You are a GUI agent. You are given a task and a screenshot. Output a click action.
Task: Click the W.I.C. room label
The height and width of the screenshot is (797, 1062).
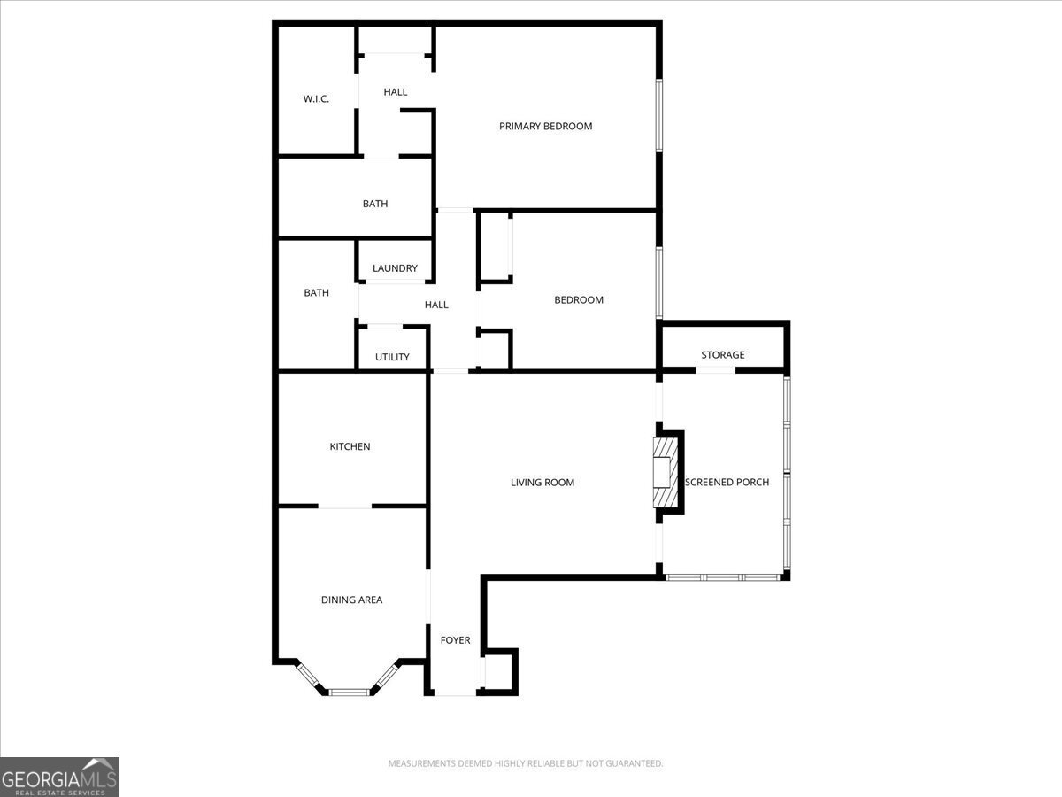pyautogui.click(x=316, y=99)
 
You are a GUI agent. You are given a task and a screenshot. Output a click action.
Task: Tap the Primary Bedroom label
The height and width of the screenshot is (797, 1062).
pyautogui.click(x=545, y=127)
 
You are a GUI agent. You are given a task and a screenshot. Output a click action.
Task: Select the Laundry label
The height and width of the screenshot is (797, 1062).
pyautogui.click(x=395, y=269)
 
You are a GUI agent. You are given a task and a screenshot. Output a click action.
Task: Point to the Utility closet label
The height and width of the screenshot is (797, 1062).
pyautogui.click(x=392, y=358)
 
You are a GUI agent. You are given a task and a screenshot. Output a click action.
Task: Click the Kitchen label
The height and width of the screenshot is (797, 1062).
pyautogui.click(x=350, y=447)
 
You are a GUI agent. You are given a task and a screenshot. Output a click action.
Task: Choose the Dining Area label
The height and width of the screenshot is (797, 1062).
pyautogui.click(x=351, y=600)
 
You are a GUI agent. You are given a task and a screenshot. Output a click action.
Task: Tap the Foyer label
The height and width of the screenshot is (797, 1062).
pyautogui.click(x=456, y=640)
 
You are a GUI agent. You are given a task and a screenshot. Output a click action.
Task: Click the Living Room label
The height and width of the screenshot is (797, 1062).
pyautogui.click(x=543, y=483)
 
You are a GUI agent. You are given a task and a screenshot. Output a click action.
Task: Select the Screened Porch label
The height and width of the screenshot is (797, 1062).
pyautogui.click(x=727, y=483)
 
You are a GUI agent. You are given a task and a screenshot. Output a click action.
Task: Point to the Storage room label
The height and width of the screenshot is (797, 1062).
pyautogui.click(x=723, y=355)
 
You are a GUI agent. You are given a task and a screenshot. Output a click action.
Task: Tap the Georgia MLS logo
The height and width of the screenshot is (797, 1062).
pyautogui.click(x=59, y=777)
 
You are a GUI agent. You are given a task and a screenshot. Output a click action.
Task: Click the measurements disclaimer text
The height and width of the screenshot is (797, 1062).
pyautogui.click(x=526, y=763)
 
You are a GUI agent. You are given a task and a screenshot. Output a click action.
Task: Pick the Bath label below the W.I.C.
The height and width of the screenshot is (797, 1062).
pyautogui.click(x=375, y=205)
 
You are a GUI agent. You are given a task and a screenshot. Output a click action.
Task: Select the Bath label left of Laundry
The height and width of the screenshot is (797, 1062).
pyautogui.click(x=317, y=293)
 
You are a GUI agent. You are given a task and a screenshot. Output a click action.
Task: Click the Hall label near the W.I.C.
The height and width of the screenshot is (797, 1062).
pyautogui.click(x=396, y=92)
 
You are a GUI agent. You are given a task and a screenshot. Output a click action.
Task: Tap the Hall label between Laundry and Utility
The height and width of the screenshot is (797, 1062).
pyautogui.click(x=436, y=305)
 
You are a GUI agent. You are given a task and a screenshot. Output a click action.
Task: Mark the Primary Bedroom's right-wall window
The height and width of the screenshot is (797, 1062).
pyautogui.click(x=658, y=116)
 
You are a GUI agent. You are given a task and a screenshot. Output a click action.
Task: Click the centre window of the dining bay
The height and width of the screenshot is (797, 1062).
pyautogui.click(x=348, y=691)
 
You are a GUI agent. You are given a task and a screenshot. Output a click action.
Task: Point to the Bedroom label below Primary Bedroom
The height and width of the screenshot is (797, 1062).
pyautogui.click(x=579, y=300)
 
